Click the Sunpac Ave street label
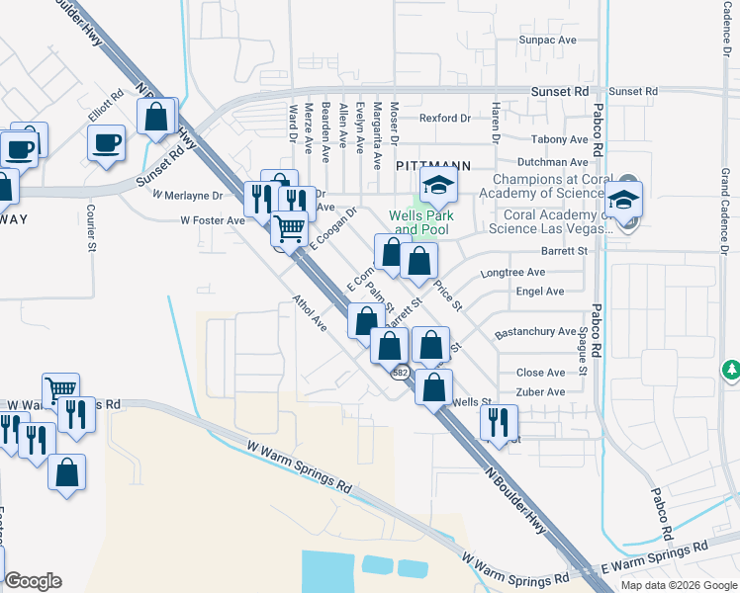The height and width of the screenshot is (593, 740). click(x=547, y=40)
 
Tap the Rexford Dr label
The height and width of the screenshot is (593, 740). click(x=444, y=119)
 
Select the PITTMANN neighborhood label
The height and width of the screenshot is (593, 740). click(x=432, y=167)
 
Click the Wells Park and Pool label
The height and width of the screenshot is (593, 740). click(x=418, y=222)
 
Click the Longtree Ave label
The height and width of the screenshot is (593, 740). click(x=511, y=272)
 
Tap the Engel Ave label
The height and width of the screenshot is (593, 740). click(x=540, y=292)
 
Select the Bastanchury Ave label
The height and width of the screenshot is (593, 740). click(x=535, y=332)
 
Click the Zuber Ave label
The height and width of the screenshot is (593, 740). click(x=541, y=392)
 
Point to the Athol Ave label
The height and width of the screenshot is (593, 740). click(x=310, y=310)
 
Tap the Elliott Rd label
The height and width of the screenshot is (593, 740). click(x=106, y=106)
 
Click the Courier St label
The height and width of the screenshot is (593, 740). click(x=90, y=226)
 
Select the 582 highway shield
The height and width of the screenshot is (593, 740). click(x=400, y=373)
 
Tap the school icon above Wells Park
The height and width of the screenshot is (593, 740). click(x=438, y=184)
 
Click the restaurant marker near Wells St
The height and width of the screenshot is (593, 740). click(x=498, y=422)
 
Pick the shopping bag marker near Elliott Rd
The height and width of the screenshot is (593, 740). click(x=157, y=117)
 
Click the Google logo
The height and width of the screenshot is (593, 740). click(x=33, y=581)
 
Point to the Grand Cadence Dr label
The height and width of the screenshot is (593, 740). click(x=725, y=209)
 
